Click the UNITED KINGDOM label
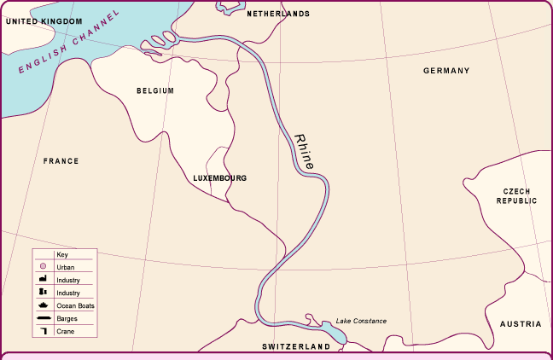44,20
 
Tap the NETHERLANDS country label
278,14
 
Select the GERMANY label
446,71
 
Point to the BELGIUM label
155,90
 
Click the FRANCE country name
61,160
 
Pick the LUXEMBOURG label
220,178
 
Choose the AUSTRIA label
521,324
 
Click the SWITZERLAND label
296,347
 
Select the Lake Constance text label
361,321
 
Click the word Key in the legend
61,254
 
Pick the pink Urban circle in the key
42,267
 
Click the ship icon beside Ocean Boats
42,305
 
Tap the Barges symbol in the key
42,317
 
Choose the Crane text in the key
65,330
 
